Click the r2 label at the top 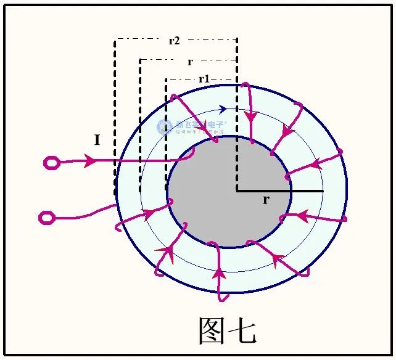[x=174, y=41]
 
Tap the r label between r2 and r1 [x=189, y=62]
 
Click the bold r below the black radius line [x=265, y=200]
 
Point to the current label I [x=97, y=141]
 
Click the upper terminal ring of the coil [x=51, y=163]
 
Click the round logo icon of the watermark [x=165, y=127]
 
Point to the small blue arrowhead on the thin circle [x=222, y=108]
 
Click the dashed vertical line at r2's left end [x=115, y=117]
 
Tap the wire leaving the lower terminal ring [x=80, y=216]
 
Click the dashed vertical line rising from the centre [x=237, y=123]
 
